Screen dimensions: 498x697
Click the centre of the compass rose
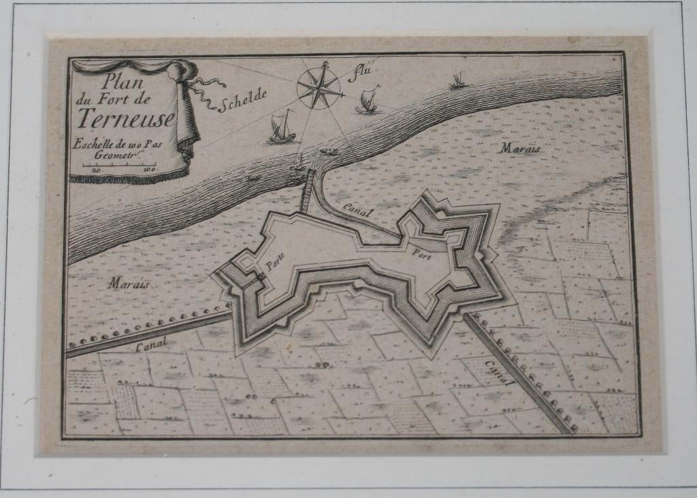319,87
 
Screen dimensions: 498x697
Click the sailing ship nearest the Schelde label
282,128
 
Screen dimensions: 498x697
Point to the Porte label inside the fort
274,262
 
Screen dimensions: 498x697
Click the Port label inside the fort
421,254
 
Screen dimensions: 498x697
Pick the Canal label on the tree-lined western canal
151,345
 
